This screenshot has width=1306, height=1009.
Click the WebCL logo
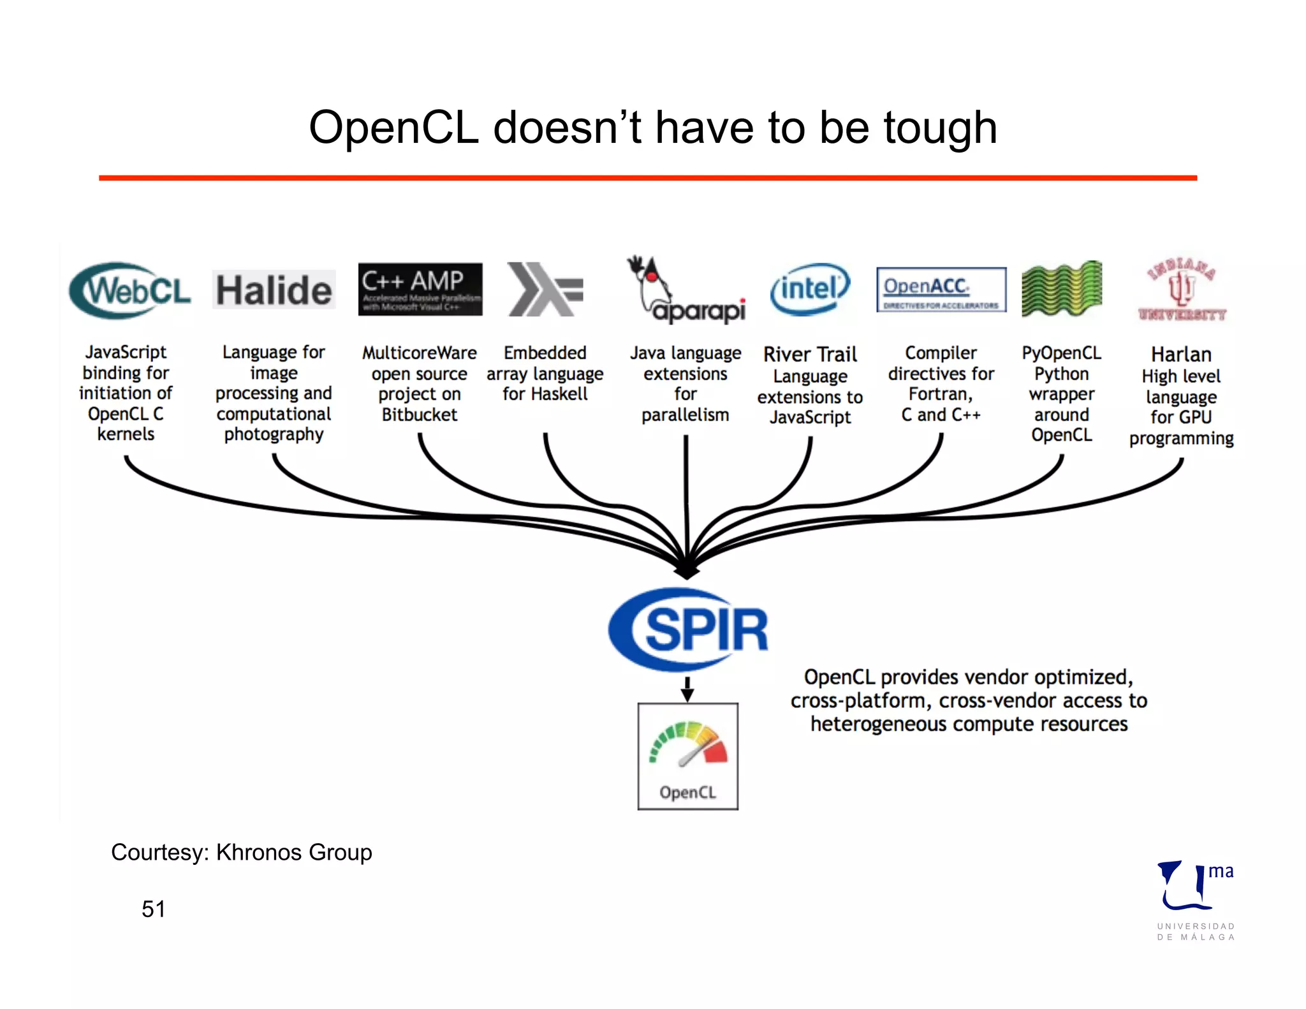point(129,290)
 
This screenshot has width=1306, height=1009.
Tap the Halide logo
point(274,290)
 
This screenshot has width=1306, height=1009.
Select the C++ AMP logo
point(420,289)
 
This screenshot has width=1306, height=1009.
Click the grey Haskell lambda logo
point(545,290)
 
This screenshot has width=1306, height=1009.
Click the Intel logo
point(809,289)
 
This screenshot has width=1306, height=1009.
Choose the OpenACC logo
point(941,290)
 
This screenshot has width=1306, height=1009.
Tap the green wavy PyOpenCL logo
point(1061,289)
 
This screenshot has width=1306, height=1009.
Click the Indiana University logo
point(1182,290)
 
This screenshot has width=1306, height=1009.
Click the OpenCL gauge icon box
point(687,756)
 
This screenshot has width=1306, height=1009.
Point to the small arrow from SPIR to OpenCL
point(687,689)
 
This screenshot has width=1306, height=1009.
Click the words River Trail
point(810,354)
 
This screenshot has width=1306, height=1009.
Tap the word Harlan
point(1181,354)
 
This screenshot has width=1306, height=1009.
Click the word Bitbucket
point(419,415)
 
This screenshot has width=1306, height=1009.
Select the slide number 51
point(153,909)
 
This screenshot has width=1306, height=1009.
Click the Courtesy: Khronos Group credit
point(241,852)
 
